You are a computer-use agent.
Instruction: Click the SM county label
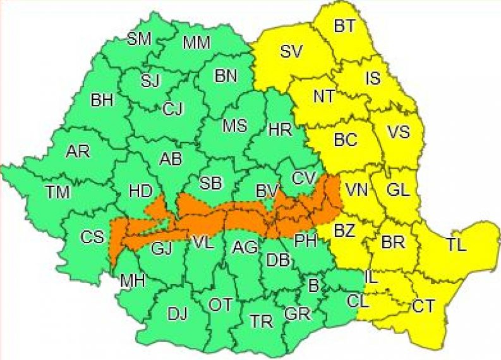(139, 39)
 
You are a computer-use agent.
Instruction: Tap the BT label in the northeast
(344, 27)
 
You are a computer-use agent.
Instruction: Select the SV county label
(291, 52)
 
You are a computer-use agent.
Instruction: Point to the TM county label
(57, 193)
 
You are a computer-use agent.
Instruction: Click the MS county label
(234, 125)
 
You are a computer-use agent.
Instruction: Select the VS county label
(398, 132)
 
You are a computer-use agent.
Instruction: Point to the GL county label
(398, 189)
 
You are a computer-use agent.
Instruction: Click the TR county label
(261, 321)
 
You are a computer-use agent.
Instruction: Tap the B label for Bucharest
(313, 285)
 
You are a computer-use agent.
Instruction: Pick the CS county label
(92, 237)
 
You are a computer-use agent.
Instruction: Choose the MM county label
(196, 43)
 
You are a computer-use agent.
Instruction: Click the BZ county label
(344, 231)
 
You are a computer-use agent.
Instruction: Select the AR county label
(78, 152)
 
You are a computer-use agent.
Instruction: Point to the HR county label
(280, 130)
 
